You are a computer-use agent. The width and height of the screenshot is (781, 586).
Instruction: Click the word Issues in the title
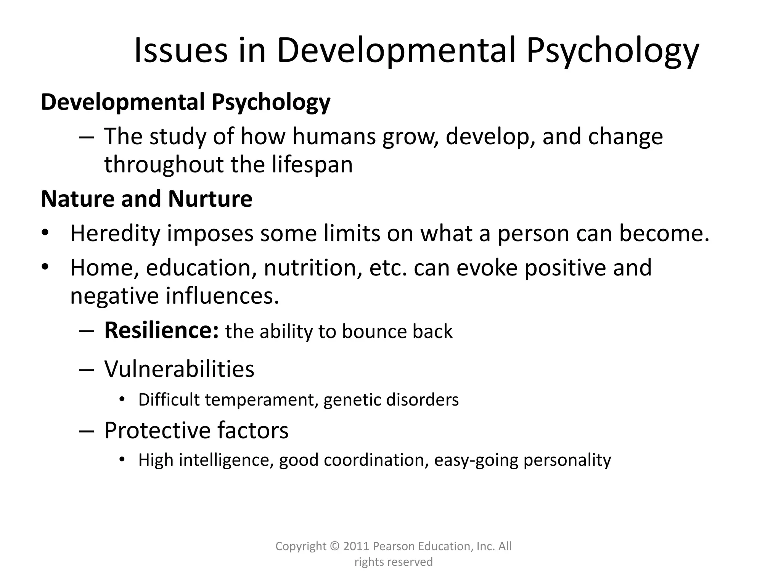point(180,51)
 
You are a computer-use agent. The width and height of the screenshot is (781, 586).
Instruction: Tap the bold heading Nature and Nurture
point(146,199)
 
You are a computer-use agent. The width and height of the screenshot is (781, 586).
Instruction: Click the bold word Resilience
point(161,330)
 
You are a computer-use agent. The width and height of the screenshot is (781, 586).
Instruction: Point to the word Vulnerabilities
point(179,369)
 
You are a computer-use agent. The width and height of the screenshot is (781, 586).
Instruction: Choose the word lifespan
point(312,164)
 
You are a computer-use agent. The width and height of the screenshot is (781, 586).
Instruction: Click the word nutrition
point(313,267)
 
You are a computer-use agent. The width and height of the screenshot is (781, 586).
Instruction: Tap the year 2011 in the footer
point(356,546)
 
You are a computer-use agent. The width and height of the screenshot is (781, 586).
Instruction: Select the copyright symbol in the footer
point(334,546)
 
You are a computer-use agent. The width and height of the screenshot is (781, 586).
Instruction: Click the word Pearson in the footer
point(394,546)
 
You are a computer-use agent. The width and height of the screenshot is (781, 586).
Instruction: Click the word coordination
point(374,460)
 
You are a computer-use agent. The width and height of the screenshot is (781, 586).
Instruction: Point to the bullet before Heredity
point(45,233)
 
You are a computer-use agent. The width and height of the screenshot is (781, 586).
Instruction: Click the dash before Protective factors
point(87,431)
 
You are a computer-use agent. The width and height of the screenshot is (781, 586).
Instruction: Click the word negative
point(115,296)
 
